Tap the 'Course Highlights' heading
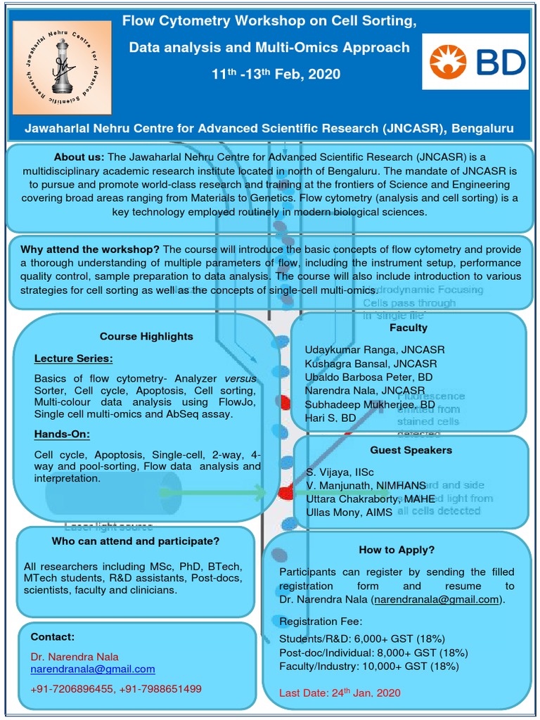(146, 336)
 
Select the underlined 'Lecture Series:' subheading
(73, 359)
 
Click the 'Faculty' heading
(409, 328)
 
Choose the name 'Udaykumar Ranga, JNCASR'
(375, 349)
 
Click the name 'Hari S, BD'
(330, 418)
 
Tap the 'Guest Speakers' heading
(411, 449)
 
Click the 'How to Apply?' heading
(397, 549)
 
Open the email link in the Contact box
(93, 669)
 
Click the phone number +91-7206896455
(72, 688)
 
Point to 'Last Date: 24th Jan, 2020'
(340, 693)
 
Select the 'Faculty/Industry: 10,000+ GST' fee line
(369, 666)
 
